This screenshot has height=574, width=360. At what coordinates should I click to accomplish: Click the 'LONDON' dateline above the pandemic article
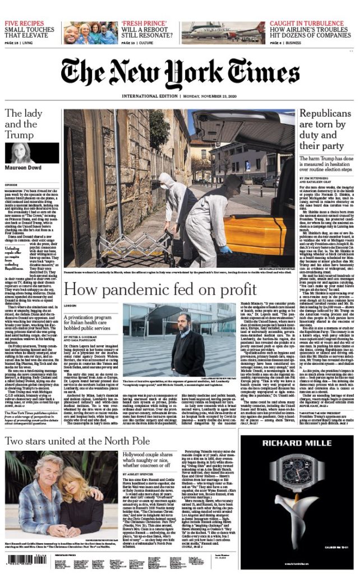70,305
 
